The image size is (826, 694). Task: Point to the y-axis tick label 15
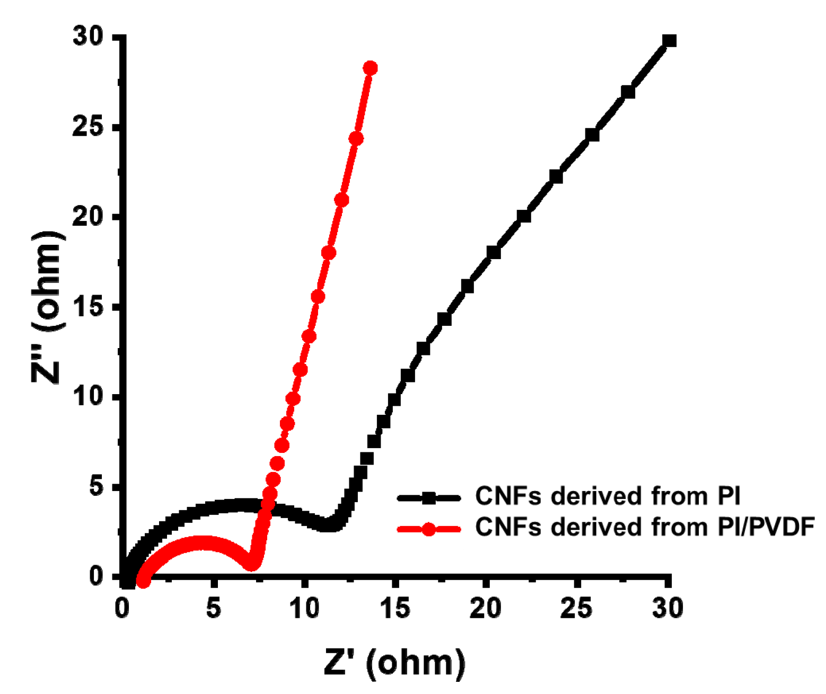(91, 307)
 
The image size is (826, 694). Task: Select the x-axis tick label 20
(485, 608)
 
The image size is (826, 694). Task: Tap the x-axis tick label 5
(213, 608)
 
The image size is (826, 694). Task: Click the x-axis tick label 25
(576, 608)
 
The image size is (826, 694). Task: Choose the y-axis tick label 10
(91, 396)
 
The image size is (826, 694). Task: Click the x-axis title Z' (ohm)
(395, 662)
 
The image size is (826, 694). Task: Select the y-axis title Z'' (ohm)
(48, 307)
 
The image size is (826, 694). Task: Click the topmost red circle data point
(370, 68)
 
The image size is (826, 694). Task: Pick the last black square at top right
(669, 41)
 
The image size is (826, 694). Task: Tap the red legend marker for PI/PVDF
(429, 528)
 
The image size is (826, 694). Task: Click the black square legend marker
(429, 497)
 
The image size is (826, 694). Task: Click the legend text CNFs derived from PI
(608, 496)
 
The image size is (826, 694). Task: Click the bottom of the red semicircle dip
(253, 564)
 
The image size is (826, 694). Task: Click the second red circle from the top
(356, 139)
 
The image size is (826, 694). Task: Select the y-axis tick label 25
(91, 128)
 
